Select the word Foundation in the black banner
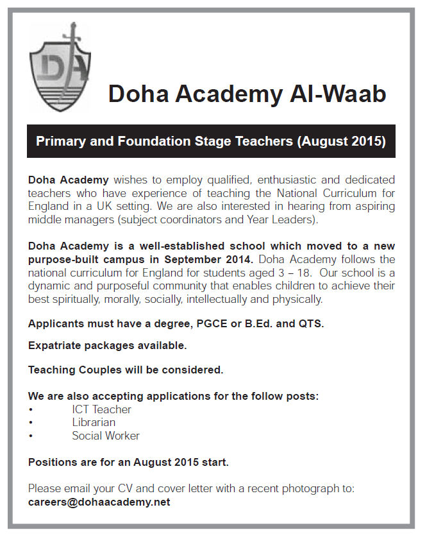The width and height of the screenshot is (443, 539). (x=148, y=141)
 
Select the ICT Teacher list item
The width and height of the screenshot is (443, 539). (x=101, y=409)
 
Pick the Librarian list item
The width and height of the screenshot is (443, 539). (x=94, y=422)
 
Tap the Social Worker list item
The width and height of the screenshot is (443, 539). (x=105, y=436)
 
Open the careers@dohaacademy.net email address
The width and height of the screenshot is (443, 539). (x=99, y=502)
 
